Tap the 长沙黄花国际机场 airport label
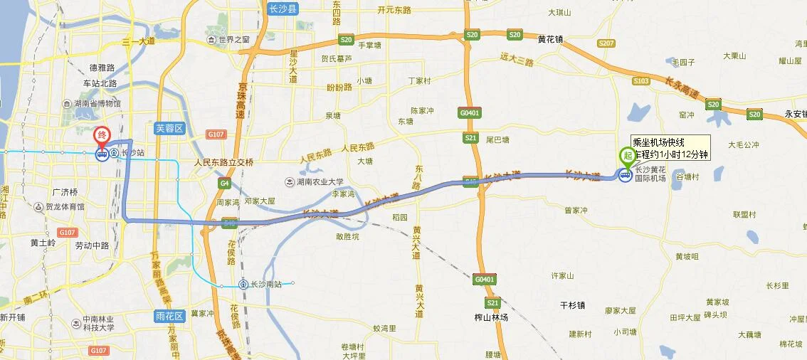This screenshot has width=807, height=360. (x=650, y=174)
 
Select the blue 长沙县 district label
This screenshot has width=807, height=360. (x=283, y=9)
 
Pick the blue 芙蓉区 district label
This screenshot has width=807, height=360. (x=169, y=128)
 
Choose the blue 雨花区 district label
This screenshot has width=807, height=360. (x=169, y=316)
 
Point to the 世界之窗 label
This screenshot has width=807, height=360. (x=234, y=40)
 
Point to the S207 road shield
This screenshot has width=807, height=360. (x=606, y=43)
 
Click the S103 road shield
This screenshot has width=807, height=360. (x=640, y=81)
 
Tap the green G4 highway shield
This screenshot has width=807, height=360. (x=225, y=184)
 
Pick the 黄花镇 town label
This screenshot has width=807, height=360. (x=549, y=40)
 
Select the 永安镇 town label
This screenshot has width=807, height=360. (x=794, y=114)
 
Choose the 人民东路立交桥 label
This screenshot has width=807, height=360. (x=223, y=162)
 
